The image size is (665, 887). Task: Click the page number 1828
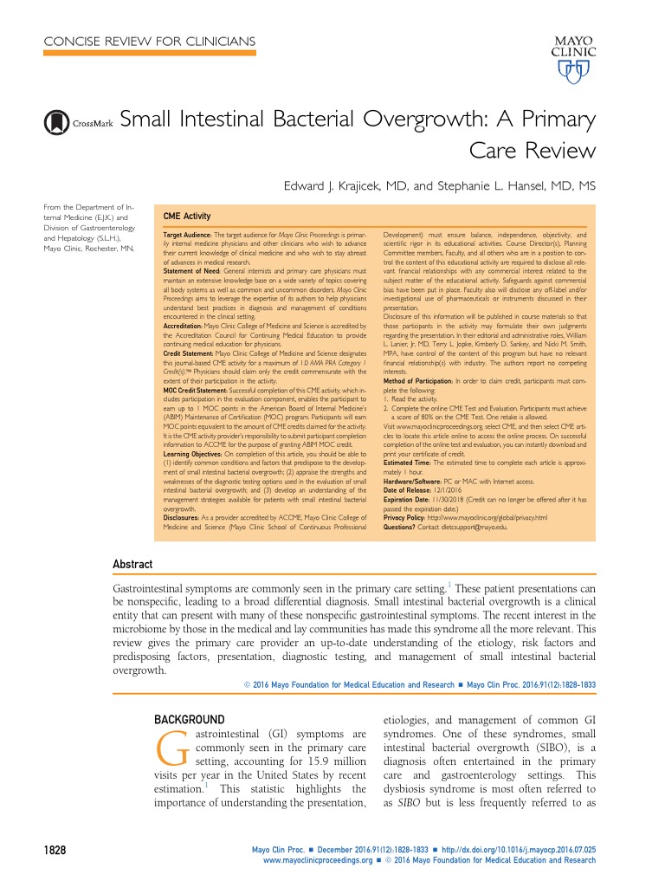point(55,851)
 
